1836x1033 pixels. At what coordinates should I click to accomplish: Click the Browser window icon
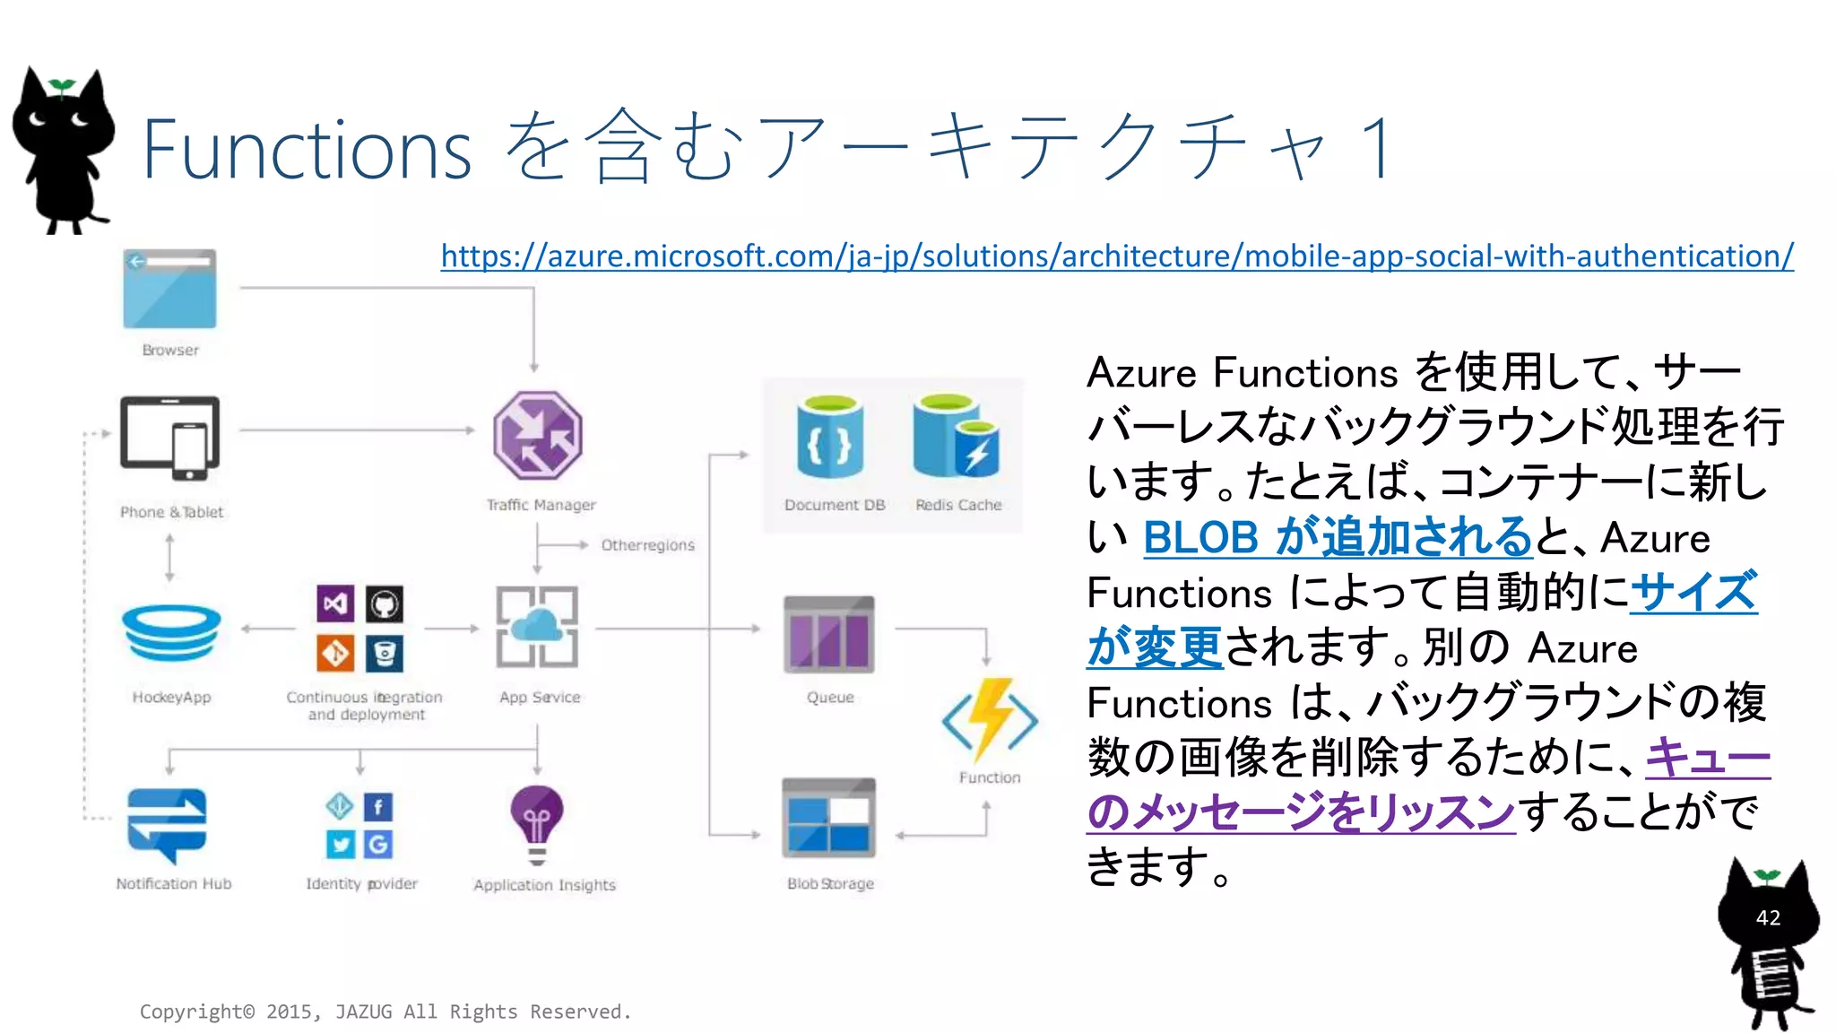point(169,289)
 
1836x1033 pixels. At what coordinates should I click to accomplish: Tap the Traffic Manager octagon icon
point(537,436)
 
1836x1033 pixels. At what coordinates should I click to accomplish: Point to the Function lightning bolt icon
point(990,719)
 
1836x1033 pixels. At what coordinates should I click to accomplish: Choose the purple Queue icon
point(828,634)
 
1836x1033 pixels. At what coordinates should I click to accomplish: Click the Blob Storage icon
point(828,818)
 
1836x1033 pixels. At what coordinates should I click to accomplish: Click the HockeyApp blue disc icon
point(171,633)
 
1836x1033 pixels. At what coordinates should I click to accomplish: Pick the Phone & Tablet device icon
point(169,438)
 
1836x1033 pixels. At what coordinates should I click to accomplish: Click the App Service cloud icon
point(537,628)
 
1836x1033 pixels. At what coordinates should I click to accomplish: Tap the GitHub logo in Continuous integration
point(385,604)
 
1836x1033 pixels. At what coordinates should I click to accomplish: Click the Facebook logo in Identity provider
point(378,807)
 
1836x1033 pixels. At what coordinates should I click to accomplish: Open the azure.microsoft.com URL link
point(1116,256)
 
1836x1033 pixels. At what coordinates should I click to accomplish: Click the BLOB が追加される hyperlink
point(1337,537)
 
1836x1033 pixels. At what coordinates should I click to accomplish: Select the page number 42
point(1768,917)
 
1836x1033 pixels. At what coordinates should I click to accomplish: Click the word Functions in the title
point(307,149)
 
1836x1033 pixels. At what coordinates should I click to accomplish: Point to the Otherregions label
point(647,545)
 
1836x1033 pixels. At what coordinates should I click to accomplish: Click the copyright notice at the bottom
point(385,1011)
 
